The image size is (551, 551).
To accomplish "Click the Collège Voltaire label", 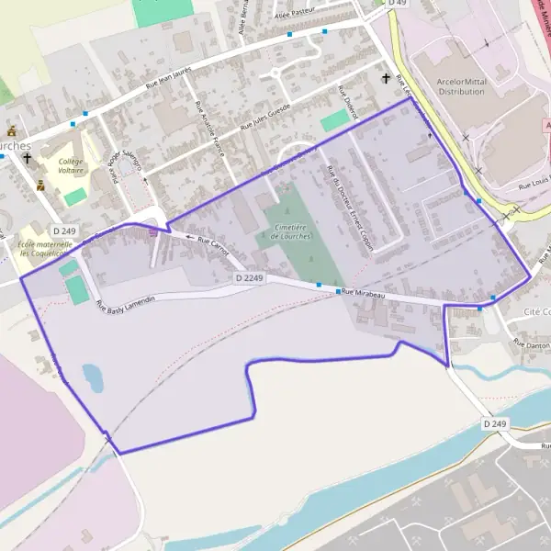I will click(x=64, y=165).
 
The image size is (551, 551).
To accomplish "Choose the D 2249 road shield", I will click(x=249, y=276).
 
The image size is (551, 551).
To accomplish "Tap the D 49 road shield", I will click(x=396, y=4).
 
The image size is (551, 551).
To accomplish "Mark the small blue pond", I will click(x=92, y=375).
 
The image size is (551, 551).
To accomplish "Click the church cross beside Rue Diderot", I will click(x=386, y=78).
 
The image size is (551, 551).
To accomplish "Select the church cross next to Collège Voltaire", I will click(x=28, y=158).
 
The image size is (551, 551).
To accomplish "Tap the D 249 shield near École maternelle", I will click(x=63, y=231).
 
